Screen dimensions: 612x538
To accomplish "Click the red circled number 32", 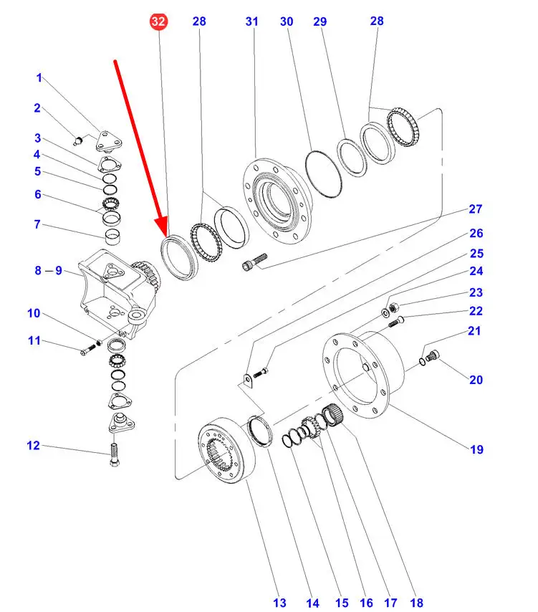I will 158,22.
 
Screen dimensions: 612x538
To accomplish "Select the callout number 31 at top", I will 251,22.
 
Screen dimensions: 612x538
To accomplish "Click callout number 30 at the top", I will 287,22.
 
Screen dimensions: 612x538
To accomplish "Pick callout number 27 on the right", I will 476,209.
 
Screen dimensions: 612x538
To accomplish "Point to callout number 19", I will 476,449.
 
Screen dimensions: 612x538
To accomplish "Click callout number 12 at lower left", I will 34,446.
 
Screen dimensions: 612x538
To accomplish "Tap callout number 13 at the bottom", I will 279,603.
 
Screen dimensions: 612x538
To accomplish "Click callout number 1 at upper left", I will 39,77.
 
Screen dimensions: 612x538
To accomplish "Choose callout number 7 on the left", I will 37,224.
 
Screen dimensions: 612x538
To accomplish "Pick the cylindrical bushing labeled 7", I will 111,236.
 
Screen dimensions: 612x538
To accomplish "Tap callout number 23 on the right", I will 476,292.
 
